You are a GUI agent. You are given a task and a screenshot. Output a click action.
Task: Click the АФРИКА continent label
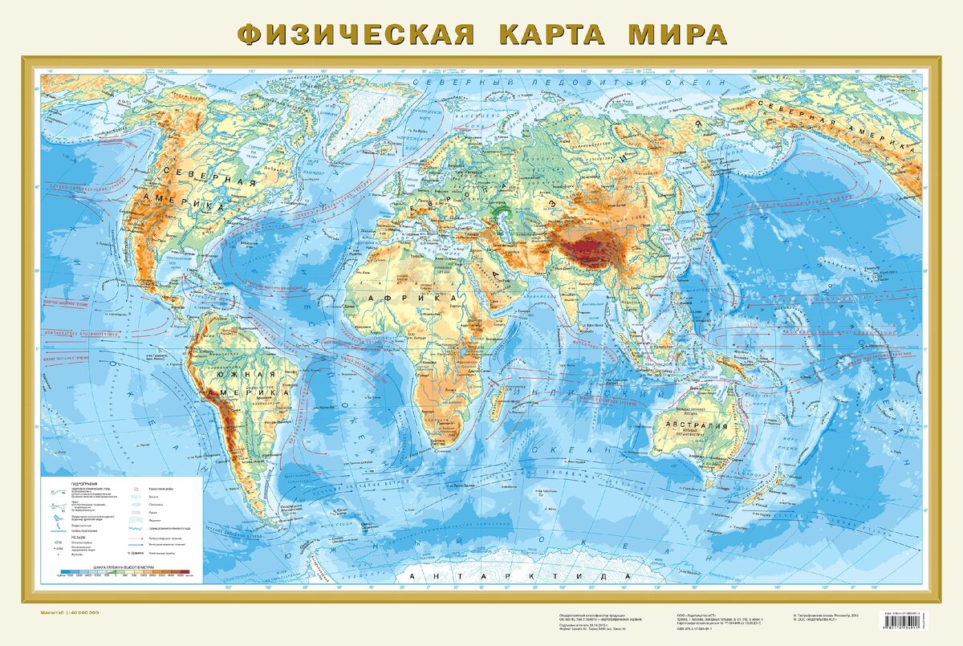click(395, 298)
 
